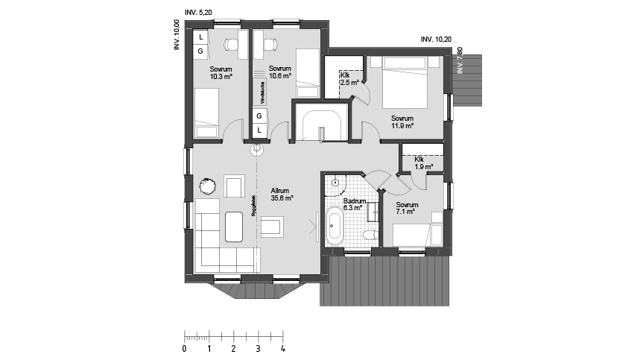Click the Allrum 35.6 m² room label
(x=282, y=195)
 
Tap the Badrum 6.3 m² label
(x=353, y=205)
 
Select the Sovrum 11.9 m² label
(x=402, y=122)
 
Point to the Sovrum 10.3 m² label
(x=221, y=72)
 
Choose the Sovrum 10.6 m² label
(x=279, y=72)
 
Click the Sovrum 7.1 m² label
(x=407, y=208)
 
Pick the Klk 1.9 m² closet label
(x=423, y=163)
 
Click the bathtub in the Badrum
(x=335, y=227)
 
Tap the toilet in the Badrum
(x=367, y=235)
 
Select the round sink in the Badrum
(x=336, y=182)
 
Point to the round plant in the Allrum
(x=206, y=186)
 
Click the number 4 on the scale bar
(x=282, y=348)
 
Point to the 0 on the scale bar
(x=184, y=348)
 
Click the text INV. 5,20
(x=198, y=13)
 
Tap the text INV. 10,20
(x=436, y=39)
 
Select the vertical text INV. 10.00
(x=177, y=35)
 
